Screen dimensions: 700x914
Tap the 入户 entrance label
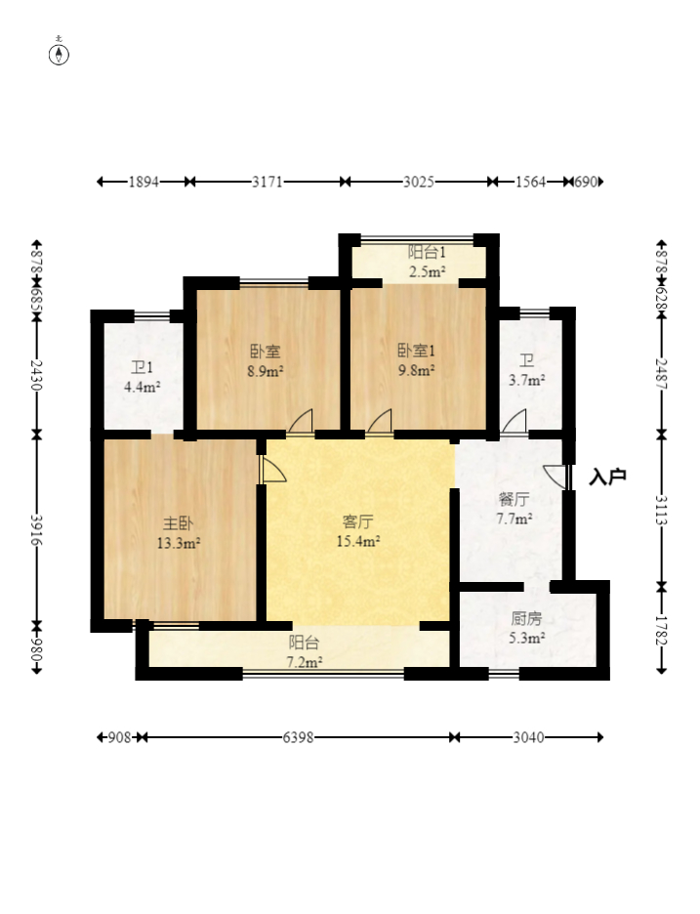pos(607,477)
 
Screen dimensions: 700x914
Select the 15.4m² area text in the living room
pos(358,542)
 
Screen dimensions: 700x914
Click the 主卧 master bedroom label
pos(178,522)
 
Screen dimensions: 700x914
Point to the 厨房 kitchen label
pos(526,618)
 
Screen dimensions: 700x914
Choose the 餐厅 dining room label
pos(514,500)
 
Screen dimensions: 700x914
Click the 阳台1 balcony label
pos(427,252)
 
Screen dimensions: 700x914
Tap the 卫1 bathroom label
pos(142,368)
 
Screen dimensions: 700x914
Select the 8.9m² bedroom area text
pos(266,371)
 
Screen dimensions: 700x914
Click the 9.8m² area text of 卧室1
pos(416,370)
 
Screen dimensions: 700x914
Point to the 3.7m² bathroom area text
pos(527,381)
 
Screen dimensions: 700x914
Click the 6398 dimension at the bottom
pos(299,738)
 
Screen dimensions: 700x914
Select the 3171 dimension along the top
pos(267,182)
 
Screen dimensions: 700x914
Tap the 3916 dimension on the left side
pos(37,529)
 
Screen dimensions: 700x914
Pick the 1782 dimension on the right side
pos(662,631)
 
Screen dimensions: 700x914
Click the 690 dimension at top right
pos(586,182)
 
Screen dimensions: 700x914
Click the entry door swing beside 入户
pos(556,477)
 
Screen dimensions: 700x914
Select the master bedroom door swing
pos(272,470)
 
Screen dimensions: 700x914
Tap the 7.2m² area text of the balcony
pos(305,663)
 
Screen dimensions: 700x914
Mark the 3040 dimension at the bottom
pos(528,738)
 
